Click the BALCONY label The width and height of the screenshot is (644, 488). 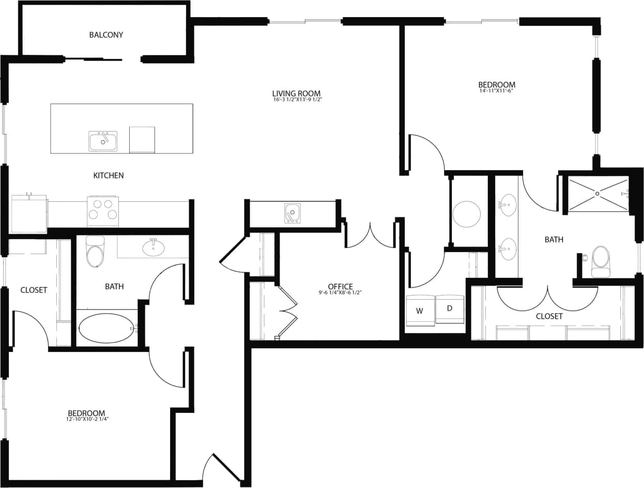(x=106, y=35)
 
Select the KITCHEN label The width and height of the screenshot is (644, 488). (x=109, y=175)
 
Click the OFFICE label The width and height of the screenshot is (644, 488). (x=340, y=286)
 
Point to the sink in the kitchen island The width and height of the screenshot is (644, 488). (x=103, y=141)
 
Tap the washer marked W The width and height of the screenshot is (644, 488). (x=420, y=311)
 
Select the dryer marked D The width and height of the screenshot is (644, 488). (x=450, y=309)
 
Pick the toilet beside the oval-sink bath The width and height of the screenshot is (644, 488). (x=95, y=253)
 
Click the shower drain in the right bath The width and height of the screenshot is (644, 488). (x=597, y=194)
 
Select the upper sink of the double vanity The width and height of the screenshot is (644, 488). (x=508, y=205)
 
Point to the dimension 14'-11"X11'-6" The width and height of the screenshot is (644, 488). (x=497, y=91)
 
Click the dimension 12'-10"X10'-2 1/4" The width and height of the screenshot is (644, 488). (x=86, y=420)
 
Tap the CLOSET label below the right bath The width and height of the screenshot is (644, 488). (x=549, y=316)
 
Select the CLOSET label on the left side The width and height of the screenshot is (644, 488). (x=34, y=290)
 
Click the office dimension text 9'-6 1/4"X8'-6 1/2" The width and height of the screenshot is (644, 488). (x=340, y=293)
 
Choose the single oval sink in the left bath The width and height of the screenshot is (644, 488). (x=154, y=248)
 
